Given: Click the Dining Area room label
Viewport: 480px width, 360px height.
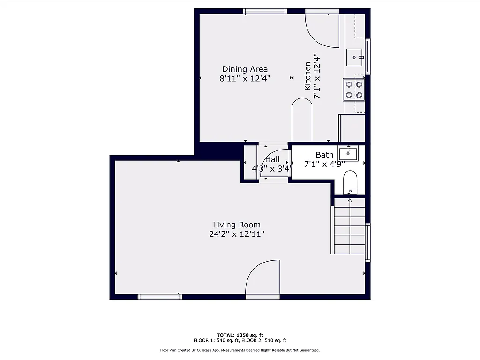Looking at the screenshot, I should click(x=245, y=69).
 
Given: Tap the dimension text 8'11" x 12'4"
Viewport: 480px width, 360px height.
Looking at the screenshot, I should click(x=245, y=79).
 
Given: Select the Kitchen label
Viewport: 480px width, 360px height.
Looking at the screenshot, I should click(x=307, y=76).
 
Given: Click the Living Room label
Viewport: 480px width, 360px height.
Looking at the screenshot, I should click(x=237, y=225).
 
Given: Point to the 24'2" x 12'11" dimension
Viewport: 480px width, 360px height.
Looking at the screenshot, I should click(x=237, y=234).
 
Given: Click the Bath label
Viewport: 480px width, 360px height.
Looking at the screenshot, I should click(x=324, y=155).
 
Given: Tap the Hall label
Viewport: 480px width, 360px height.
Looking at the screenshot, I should click(x=272, y=160).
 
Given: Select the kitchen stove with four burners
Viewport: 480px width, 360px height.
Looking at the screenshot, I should click(x=354, y=90).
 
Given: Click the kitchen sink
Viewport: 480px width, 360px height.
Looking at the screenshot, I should click(x=355, y=58).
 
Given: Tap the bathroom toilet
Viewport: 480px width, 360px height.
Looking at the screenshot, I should click(x=350, y=182).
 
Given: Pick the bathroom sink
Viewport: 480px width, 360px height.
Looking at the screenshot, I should click(x=348, y=153).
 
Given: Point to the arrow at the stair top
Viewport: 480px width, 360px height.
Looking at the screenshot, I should click(x=350, y=201).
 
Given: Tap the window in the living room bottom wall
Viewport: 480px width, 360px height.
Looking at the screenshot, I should click(x=159, y=296).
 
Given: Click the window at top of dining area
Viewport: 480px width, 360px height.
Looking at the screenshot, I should click(x=265, y=11).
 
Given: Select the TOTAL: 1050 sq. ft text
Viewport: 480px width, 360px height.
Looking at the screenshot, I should click(x=240, y=335).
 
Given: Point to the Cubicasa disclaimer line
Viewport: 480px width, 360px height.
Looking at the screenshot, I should click(x=240, y=350).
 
